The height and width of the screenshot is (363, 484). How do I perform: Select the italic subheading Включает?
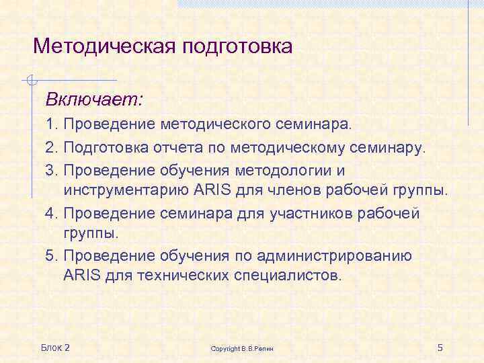click(x=94, y=100)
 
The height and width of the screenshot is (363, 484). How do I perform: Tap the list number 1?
click(x=51, y=124)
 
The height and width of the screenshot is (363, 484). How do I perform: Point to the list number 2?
click(x=51, y=147)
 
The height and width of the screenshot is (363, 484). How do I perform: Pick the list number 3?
click(x=51, y=169)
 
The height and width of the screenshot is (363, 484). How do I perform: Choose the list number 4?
click(x=51, y=213)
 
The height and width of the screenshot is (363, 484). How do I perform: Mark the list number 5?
click(x=51, y=256)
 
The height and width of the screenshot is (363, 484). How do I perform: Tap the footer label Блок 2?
click(x=55, y=347)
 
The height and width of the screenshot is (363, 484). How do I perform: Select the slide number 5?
click(x=440, y=347)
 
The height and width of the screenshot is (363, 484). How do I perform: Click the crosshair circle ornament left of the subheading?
click(x=29, y=81)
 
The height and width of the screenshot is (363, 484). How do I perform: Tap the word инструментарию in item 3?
click(x=124, y=190)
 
